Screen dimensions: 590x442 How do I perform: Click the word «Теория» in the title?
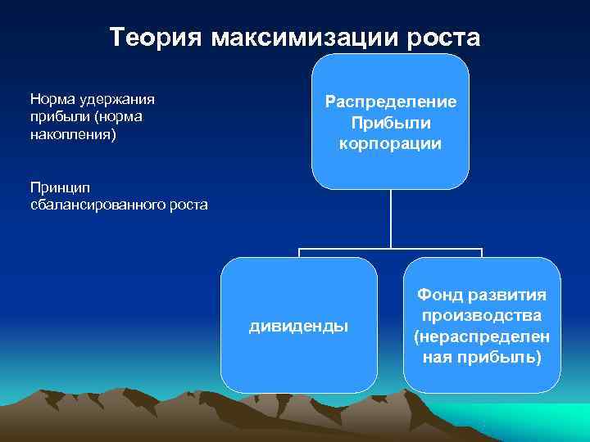pos(156,38)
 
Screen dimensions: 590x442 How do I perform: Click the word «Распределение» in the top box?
pos(390,102)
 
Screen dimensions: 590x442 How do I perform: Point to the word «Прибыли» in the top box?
pos(390,123)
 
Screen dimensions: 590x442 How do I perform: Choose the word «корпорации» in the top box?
pos(390,143)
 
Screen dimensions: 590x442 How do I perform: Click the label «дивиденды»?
pos(298,327)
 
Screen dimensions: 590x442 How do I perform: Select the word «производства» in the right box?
pos(482,315)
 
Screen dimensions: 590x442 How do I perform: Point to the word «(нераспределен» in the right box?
pos(482,336)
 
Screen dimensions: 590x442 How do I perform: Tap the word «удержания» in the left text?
pos(116,99)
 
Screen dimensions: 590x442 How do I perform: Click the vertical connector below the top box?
pos(391,218)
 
